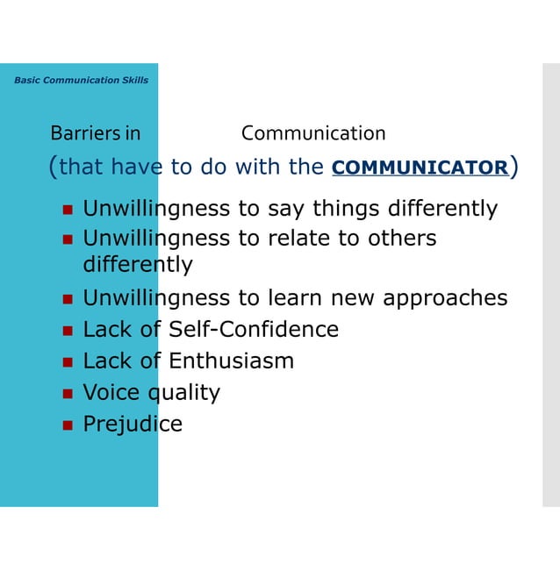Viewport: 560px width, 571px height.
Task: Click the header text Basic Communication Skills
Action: pos(81,80)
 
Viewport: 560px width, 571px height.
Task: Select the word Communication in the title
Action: pos(313,133)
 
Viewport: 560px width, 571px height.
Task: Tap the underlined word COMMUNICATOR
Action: pos(420,168)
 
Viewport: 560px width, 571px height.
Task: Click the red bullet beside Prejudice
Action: pos(67,425)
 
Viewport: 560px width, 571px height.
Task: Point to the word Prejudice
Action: pos(133,425)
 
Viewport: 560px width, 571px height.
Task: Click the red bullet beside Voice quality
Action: pos(67,394)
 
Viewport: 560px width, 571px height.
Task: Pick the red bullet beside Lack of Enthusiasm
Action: pos(67,362)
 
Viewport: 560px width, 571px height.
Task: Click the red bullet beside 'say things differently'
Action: pos(67,211)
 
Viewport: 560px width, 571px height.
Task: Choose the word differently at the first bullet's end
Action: pos(443,209)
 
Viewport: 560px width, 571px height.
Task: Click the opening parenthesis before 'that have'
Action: pos(54,167)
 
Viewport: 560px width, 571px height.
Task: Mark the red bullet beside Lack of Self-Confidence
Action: pos(67,331)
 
